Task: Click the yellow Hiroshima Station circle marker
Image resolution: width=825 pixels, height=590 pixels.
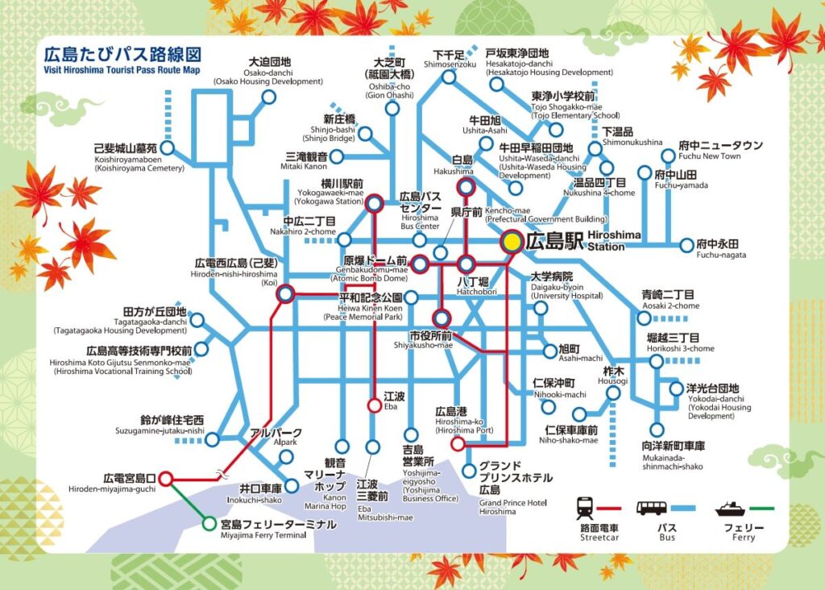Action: coord(512,240)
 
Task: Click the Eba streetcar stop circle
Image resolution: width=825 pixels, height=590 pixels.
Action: coord(374,405)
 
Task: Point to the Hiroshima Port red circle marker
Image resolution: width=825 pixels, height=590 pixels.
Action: coord(458,443)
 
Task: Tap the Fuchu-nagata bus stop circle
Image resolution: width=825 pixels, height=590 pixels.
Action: coord(686,245)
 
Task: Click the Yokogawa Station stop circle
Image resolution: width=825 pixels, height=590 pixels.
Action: coord(374,204)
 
